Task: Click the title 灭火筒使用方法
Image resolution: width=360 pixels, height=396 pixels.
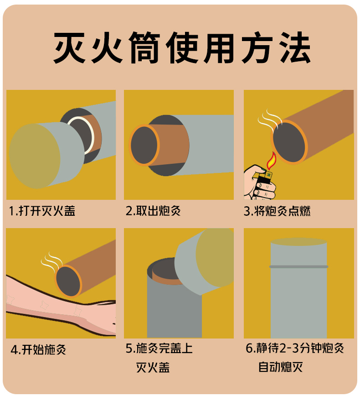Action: coord(182,47)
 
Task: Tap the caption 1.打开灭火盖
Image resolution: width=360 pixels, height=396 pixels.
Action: coord(42,211)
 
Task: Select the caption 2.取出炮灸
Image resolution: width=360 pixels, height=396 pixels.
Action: coord(153,211)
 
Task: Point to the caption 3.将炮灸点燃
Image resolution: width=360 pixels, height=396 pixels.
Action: coord(277,211)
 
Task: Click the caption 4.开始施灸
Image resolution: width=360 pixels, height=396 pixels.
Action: coord(38,350)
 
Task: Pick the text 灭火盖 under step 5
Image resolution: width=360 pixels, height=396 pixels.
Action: coord(153,367)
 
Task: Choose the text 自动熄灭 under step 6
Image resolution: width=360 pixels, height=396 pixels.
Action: coord(281,367)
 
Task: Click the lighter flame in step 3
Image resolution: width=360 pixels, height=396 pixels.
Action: coord(272,161)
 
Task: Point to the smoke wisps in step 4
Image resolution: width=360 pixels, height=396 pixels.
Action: coord(51,262)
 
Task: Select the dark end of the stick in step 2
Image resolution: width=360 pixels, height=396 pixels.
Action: coord(144,146)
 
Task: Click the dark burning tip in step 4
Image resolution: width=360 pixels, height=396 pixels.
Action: coord(68,281)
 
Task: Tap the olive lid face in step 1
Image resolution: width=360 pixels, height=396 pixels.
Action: coord(35,156)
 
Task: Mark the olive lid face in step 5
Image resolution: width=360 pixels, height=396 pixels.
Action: coord(215,257)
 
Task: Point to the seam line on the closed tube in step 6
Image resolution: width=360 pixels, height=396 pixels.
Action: coord(298,267)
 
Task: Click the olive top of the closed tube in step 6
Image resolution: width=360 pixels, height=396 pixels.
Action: coord(298,242)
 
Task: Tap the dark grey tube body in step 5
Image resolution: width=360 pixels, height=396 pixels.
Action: coord(174,311)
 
